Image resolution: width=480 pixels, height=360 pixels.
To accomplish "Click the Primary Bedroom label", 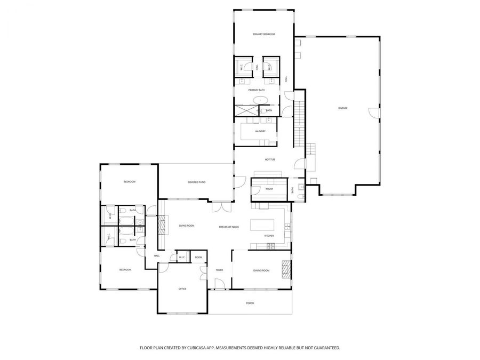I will point(263,34).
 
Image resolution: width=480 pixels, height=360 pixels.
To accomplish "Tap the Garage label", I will point(342,108).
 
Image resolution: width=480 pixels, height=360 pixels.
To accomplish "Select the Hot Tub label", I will point(270,159).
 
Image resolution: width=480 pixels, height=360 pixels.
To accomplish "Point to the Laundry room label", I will point(260,131).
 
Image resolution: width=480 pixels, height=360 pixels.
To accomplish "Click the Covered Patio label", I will point(196,182).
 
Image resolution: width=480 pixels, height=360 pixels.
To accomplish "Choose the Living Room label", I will point(187,226).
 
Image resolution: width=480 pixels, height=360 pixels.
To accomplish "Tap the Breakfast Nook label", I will point(229,227).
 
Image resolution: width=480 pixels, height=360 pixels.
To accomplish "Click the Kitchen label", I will point(269,236).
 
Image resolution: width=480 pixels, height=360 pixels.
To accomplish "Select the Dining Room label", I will point(261,270).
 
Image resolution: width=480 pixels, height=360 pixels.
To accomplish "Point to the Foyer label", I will point(219,270).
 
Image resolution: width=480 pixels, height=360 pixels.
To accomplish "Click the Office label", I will point(182,289).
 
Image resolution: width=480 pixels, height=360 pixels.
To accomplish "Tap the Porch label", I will point(250,303).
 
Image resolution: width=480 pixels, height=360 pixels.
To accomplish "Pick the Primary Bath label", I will point(257,90).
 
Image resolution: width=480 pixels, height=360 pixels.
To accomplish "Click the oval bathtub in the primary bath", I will point(260,100).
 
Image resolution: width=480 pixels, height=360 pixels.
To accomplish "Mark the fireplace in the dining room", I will point(287,270).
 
